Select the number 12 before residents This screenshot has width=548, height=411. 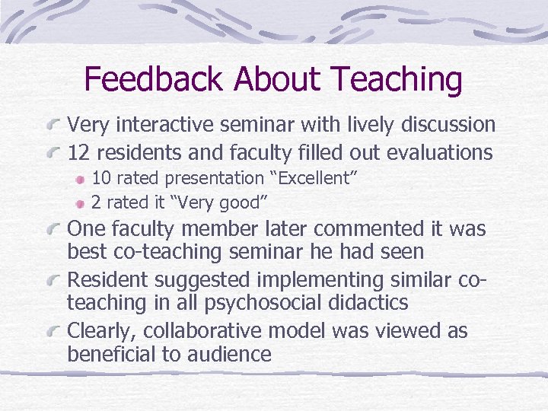tap(78, 152)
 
